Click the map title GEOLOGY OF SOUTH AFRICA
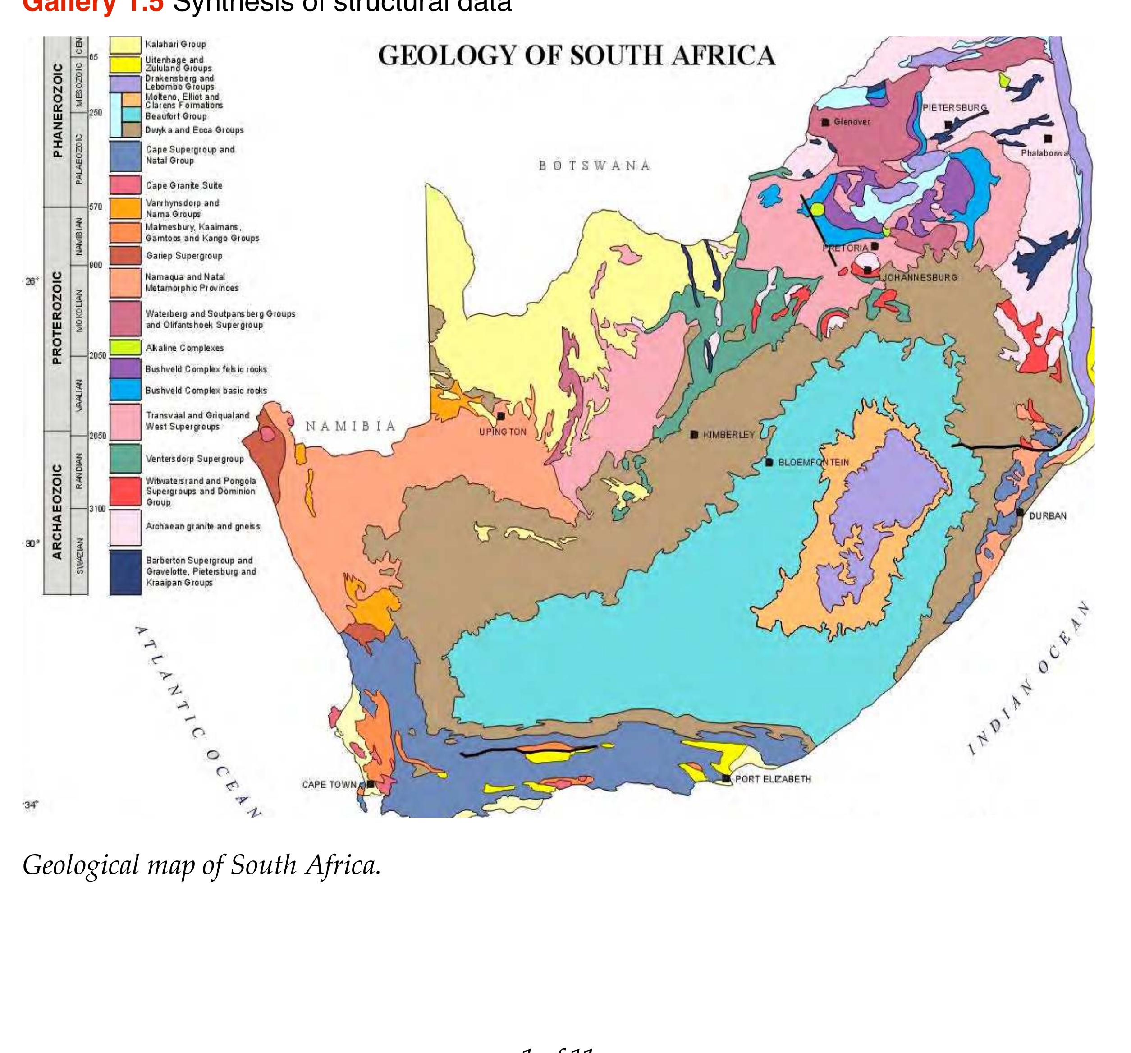(x=576, y=56)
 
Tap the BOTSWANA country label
(x=594, y=166)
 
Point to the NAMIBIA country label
(x=350, y=426)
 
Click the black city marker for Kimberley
(x=694, y=434)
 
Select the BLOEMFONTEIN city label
(x=813, y=462)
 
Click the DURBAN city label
(x=1047, y=516)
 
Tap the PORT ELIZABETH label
(x=773, y=779)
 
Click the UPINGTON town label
(x=502, y=432)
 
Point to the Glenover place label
(x=852, y=122)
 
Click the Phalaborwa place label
(x=1044, y=153)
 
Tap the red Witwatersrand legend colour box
(x=125, y=491)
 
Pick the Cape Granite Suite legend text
(x=184, y=185)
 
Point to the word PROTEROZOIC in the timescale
(x=57, y=317)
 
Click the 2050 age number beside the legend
(x=97, y=355)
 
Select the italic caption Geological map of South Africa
(x=201, y=865)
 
